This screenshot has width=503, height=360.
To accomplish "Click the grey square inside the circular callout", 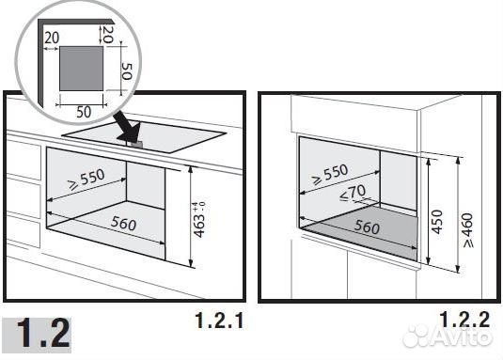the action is coord(82,68).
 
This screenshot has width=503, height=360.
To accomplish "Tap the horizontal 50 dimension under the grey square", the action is coord(84,112).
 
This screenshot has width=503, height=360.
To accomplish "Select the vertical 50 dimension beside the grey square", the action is coord(127,71).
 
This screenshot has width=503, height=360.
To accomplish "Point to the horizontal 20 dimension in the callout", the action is coord(52,38).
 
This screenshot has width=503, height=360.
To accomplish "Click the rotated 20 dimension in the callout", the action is coord(108,34).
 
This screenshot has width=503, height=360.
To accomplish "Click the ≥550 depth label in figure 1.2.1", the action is coord(86,180).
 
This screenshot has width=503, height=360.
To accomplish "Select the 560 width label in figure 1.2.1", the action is coord(123,224).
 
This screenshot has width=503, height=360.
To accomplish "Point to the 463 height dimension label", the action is coord(199,220).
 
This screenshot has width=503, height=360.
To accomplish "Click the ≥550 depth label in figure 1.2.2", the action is coord(330,175).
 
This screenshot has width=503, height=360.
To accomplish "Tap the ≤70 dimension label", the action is coord(353,194).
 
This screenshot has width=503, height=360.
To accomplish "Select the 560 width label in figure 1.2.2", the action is coord(367,227).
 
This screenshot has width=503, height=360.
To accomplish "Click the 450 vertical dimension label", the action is coord(436,222).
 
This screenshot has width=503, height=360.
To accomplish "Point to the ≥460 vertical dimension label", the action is coord(468,230).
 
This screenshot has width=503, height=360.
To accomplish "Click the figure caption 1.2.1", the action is coord(219,321).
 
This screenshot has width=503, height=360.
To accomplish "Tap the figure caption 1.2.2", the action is coord(464,319).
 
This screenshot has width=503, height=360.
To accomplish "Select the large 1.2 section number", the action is coord(43,333).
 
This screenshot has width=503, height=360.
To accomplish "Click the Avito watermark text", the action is coord(461,336).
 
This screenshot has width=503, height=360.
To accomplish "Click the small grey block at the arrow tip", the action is coord(136,144).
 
